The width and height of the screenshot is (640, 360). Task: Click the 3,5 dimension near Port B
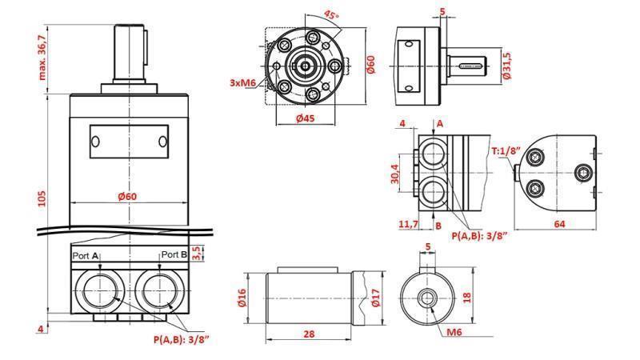coord(199,253)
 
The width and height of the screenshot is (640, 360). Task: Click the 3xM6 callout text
coord(242,82)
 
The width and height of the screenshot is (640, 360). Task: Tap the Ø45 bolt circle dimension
coord(304,119)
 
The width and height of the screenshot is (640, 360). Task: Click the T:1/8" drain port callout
coord(506,150)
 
